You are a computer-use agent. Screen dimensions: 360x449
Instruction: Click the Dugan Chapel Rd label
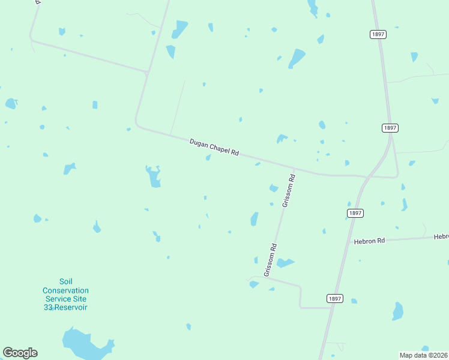click(x=214, y=148)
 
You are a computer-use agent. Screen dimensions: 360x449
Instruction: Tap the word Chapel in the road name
click(x=219, y=149)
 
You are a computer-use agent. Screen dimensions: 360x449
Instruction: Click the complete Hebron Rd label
click(x=369, y=241)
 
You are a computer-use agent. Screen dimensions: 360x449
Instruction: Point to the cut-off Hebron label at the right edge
click(x=441, y=237)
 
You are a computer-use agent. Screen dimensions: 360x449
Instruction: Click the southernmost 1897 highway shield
click(x=335, y=298)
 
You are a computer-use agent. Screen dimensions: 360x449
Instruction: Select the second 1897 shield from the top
click(x=390, y=128)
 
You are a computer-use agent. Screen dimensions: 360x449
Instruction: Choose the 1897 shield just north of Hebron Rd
click(x=355, y=213)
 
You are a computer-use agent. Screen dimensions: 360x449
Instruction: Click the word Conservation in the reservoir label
click(x=65, y=290)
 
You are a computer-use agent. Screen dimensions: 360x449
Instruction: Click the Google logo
click(x=20, y=353)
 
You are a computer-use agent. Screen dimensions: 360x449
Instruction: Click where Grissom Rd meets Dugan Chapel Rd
click(x=294, y=170)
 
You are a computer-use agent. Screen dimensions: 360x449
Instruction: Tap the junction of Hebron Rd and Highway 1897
click(x=350, y=242)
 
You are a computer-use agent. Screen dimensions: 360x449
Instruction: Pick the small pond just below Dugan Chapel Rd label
click(x=208, y=158)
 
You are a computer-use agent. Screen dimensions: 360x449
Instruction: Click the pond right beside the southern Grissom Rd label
click(x=284, y=263)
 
